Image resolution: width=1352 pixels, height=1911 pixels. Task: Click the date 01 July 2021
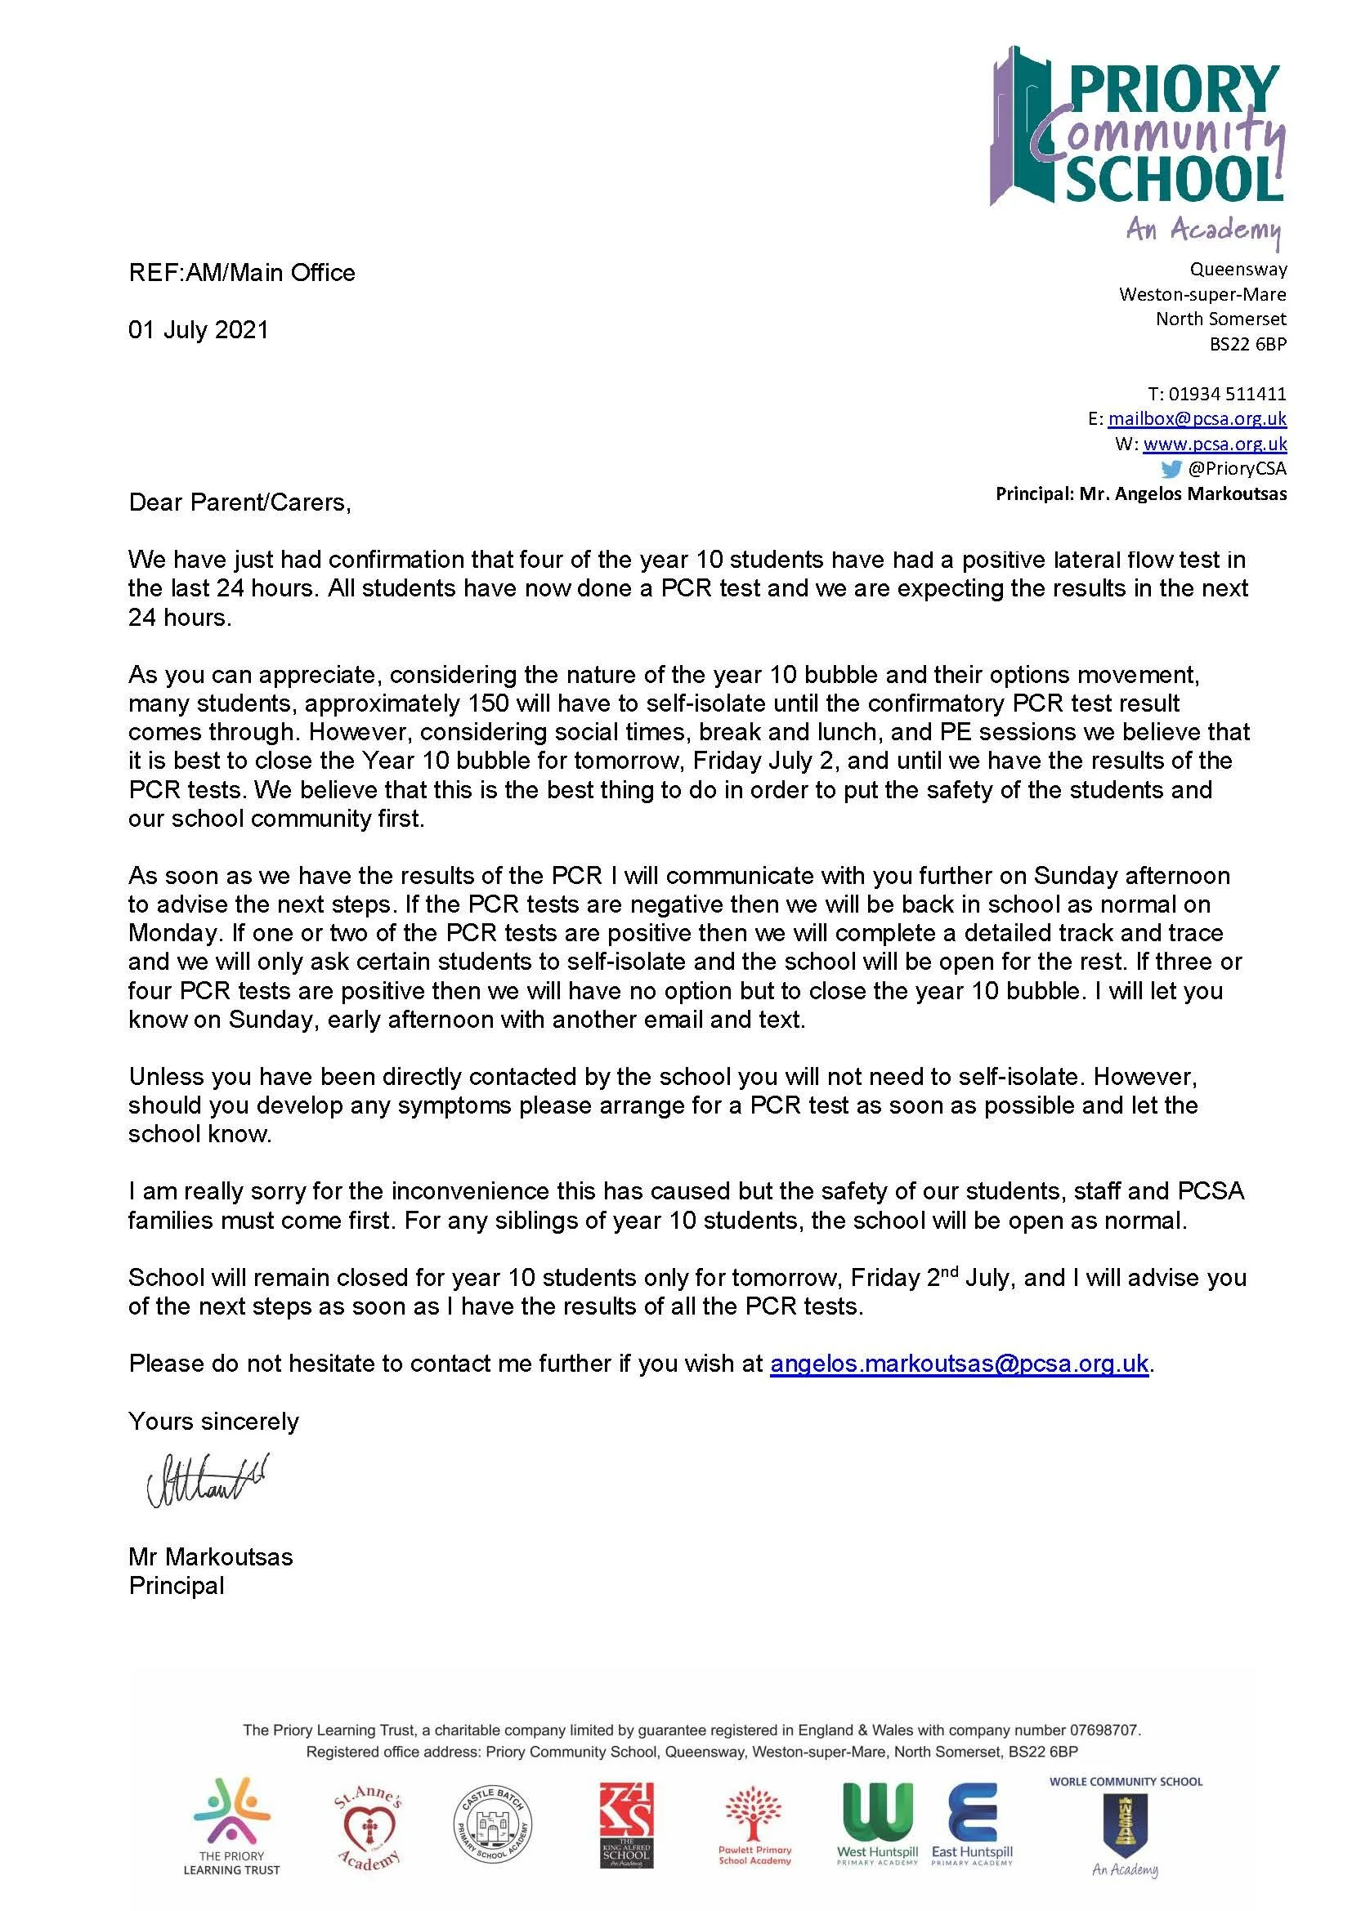point(198,329)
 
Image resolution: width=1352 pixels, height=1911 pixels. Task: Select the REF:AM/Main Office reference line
point(241,273)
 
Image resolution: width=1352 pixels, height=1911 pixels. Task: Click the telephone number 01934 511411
point(1227,394)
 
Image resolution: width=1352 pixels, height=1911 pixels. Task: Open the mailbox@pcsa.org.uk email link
point(1197,418)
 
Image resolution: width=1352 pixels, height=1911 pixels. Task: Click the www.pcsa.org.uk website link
point(1215,444)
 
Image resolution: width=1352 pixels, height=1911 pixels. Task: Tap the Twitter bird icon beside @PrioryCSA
point(1171,469)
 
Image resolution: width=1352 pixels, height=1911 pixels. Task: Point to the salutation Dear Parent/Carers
point(240,502)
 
